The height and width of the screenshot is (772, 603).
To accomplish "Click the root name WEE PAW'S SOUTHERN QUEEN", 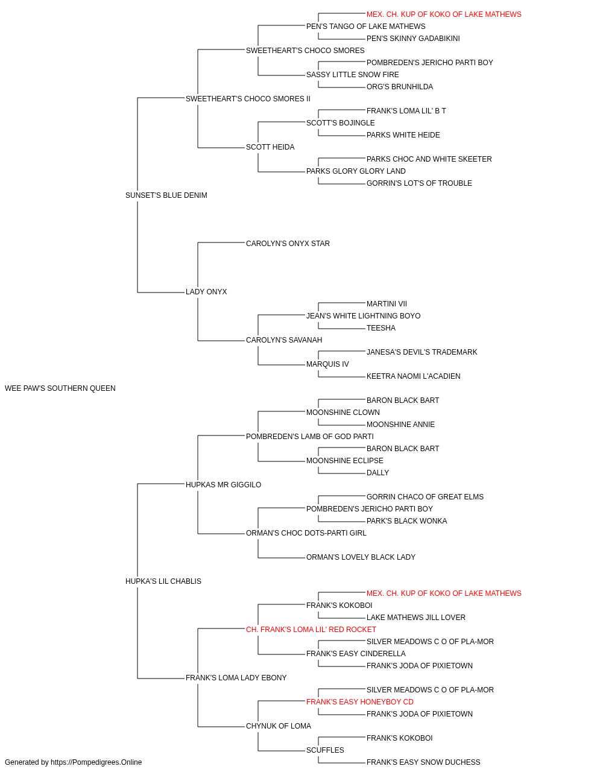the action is click(x=60, y=388).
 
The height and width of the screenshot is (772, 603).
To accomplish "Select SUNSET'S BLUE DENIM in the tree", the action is click(x=166, y=195).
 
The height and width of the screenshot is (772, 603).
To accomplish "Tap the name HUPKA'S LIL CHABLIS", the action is click(x=163, y=581).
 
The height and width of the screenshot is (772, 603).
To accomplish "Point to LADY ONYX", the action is click(x=206, y=292).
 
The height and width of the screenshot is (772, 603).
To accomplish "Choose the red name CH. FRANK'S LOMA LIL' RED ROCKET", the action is click(x=311, y=630).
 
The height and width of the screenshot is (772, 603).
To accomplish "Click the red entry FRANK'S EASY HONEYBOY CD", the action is click(x=360, y=702).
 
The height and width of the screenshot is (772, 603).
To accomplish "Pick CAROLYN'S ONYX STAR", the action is click(x=288, y=244).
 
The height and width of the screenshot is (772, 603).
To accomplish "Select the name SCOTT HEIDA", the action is click(x=270, y=147).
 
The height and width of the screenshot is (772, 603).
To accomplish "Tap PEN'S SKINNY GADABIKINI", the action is click(x=413, y=39).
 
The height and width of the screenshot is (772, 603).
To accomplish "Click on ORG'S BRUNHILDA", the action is click(x=400, y=87).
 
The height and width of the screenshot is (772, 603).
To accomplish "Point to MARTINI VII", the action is click(x=387, y=304).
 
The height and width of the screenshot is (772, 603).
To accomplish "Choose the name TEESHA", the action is click(x=381, y=328).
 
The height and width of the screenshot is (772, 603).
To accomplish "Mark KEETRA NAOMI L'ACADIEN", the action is click(x=414, y=376).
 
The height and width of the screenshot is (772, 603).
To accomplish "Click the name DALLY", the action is click(x=378, y=473).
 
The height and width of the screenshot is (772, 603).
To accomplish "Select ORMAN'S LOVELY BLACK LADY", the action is click(x=361, y=557).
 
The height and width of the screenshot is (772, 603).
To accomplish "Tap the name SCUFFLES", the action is click(x=325, y=750).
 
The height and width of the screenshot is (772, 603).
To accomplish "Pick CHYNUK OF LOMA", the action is click(x=279, y=726).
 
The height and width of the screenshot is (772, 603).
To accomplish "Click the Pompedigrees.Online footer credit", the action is click(x=73, y=762).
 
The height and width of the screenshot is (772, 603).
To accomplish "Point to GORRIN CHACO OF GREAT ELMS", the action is click(x=425, y=496).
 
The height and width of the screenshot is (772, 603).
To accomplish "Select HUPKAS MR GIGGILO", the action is click(x=223, y=485).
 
